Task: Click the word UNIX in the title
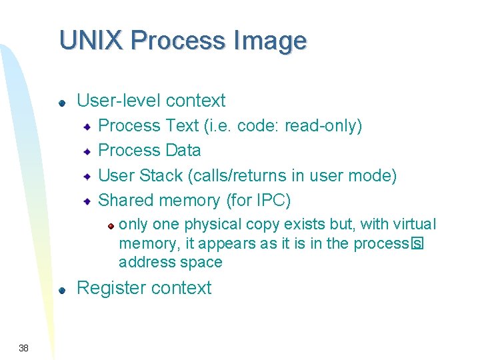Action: (x=91, y=41)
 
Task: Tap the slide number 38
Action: (x=23, y=347)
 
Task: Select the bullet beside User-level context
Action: (x=61, y=103)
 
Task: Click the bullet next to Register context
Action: (x=61, y=290)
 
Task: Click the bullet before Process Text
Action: (x=87, y=127)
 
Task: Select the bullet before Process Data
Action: (x=87, y=152)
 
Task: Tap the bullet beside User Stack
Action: (x=87, y=177)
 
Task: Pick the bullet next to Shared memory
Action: (x=87, y=201)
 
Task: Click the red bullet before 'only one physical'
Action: (x=112, y=225)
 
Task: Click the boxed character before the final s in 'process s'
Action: (x=417, y=243)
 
